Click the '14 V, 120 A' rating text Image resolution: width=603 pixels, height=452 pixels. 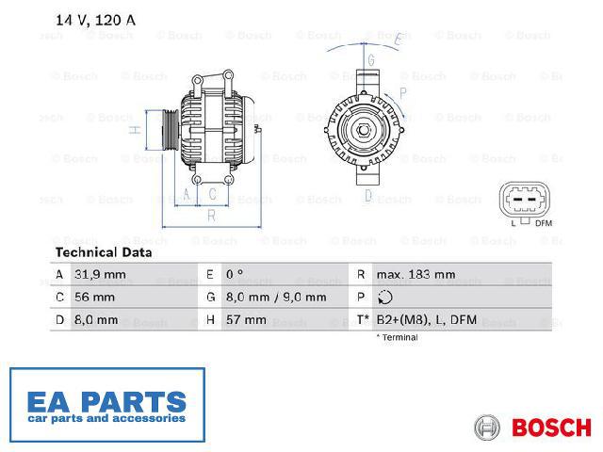[x=96, y=20]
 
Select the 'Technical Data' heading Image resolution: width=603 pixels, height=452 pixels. [x=104, y=252]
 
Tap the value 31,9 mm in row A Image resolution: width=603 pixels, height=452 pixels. [x=100, y=274]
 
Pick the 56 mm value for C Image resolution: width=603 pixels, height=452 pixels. [x=94, y=298]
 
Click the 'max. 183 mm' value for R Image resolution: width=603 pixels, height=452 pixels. [x=416, y=274]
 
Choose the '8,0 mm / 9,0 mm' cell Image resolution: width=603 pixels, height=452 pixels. [x=276, y=298]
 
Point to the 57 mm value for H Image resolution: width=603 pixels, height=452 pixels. [x=246, y=320]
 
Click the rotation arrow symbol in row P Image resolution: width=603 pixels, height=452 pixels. [x=385, y=298]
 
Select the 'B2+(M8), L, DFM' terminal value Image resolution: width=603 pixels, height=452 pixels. [x=427, y=320]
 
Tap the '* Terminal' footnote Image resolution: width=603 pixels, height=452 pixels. [x=397, y=337]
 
